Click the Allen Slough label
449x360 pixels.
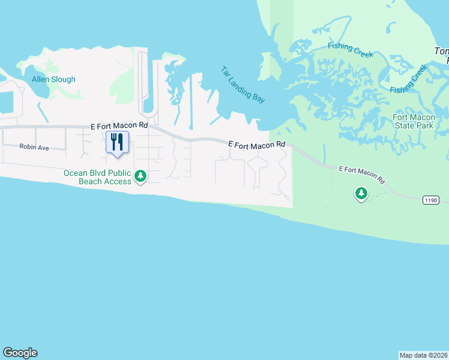pyautogui.click(x=54, y=79)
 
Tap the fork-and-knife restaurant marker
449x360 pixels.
pyautogui.click(x=117, y=143)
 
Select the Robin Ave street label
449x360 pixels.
pyautogui.click(x=34, y=147)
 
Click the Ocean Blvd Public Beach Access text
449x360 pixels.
pyautogui.click(x=97, y=177)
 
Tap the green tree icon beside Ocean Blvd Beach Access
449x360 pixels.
pyautogui.click(x=140, y=176)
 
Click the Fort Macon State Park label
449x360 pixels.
pyautogui.click(x=412, y=121)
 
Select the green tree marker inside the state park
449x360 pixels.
pyautogui.click(x=361, y=193)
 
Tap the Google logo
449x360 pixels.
pyautogui.click(x=20, y=353)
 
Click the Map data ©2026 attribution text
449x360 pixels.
pyautogui.click(x=424, y=355)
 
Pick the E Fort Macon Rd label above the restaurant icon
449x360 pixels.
pyautogui.click(x=119, y=126)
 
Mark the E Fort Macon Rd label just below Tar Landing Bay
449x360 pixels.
pyautogui.click(x=257, y=145)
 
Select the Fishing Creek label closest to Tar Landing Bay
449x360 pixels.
pyautogui.click(x=351, y=50)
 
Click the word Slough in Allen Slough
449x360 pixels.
pyautogui.click(x=64, y=79)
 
